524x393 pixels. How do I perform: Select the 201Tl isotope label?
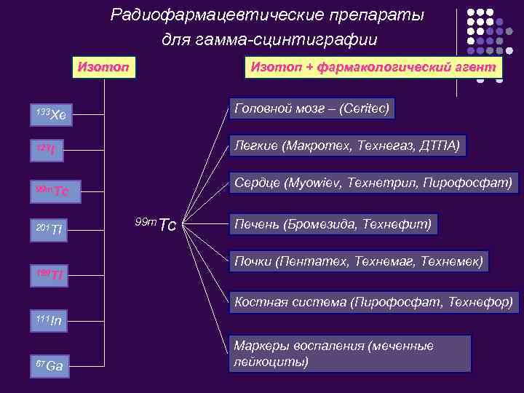pos(50,231)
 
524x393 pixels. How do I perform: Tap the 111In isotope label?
pos(49,320)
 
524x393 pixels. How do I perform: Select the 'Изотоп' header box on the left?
pos(104,67)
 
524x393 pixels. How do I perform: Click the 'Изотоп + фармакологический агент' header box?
pos(373,67)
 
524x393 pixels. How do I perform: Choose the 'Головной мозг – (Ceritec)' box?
pos(311,109)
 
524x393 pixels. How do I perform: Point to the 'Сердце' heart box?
pos(373,181)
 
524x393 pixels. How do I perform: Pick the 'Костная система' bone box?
pos(373,301)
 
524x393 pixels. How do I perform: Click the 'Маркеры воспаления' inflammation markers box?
pos(349,353)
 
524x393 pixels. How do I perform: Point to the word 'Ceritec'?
pos(365,109)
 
